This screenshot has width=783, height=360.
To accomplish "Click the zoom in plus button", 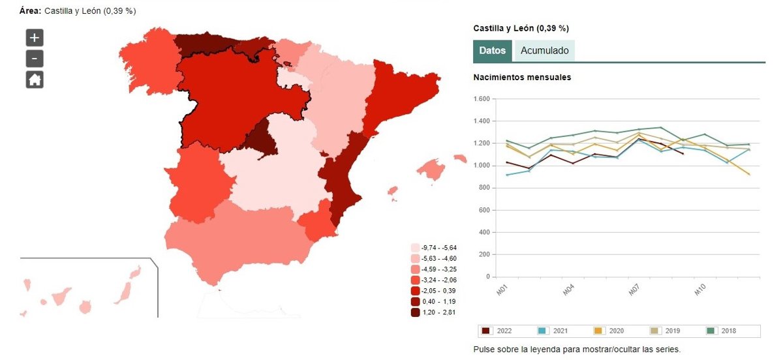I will [x=35, y=37].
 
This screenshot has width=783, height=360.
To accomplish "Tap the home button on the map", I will [x=35, y=80].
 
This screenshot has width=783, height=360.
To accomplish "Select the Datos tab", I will [x=492, y=51].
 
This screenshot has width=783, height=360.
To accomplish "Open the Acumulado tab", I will [x=544, y=51].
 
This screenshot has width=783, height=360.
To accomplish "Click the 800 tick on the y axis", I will [x=484, y=188].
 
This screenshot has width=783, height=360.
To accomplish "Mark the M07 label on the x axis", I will [x=633, y=290].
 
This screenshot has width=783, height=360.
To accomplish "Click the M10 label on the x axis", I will [x=699, y=290].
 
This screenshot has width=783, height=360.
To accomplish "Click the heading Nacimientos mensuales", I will [x=522, y=78].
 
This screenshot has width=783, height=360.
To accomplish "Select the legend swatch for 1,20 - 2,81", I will [x=416, y=312].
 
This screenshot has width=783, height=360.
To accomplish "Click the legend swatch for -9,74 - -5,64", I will [x=416, y=248].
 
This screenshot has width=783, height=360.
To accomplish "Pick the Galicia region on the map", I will [x=149, y=62].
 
